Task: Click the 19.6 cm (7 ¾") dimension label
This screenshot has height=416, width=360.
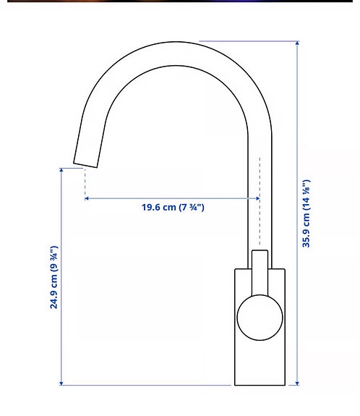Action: (x=173, y=208)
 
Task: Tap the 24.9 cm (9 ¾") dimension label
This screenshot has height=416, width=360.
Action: (x=54, y=277)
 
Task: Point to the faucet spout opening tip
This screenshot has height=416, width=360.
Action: (x=85, y=162)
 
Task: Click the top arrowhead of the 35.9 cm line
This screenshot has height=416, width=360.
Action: (x=297, y=44)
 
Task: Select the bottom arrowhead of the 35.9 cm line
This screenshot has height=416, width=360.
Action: (x=297, y=382)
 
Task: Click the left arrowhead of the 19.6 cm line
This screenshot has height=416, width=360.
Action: (x=87, y=198)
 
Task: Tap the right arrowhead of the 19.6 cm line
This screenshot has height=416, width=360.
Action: (x=257, y=198)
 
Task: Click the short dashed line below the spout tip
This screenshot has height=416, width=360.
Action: (x=85, y=181)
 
